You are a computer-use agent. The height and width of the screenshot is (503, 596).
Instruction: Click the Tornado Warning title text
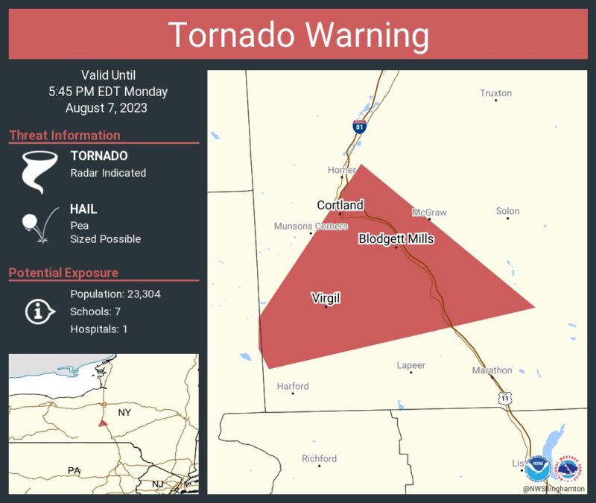298,35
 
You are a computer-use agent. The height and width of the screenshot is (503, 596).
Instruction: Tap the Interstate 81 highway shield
360,127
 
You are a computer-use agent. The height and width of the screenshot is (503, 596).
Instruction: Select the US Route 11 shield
507,399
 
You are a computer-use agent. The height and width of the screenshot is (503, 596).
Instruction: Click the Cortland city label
340,205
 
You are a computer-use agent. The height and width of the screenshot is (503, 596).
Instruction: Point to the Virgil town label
326,298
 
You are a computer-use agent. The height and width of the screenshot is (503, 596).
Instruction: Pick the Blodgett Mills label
396,238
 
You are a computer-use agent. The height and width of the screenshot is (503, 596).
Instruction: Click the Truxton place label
495,93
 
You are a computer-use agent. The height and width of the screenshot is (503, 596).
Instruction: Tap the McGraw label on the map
429,212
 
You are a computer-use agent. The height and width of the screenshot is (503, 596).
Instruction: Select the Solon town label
507,211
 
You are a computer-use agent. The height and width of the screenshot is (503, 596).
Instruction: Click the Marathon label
492,370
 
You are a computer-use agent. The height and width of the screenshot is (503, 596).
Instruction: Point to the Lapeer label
410,365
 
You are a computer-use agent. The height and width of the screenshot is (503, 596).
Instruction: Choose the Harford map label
292,386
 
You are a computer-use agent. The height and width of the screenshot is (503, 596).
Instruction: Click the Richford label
319,458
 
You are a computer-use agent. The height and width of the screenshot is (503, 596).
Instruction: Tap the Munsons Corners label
311,226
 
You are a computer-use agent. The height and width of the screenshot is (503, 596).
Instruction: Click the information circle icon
38,311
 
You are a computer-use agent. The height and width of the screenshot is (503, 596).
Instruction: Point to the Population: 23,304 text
115,294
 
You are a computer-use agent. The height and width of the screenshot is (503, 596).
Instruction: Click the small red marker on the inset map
102,423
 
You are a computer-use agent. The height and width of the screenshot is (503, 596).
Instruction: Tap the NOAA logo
537,469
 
